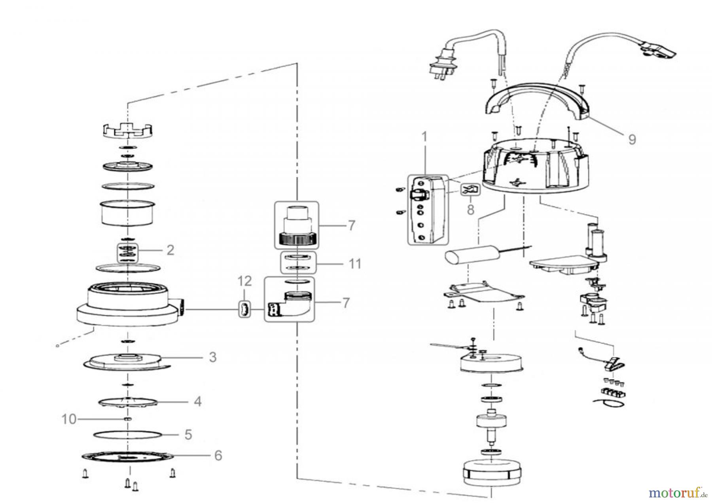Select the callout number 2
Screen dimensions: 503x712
coord(170,250)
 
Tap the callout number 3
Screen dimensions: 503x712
coord(212,357)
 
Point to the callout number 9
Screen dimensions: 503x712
coord(632,139)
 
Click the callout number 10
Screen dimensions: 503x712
coord(69,419)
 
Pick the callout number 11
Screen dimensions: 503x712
coord(355,263)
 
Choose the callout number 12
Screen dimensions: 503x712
coord(244,281)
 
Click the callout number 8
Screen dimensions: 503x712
coord(470,209)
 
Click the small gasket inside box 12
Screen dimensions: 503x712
coord(244,308)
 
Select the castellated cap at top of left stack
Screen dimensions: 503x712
coord(128,130)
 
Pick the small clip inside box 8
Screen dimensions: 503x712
coord(470,190)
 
